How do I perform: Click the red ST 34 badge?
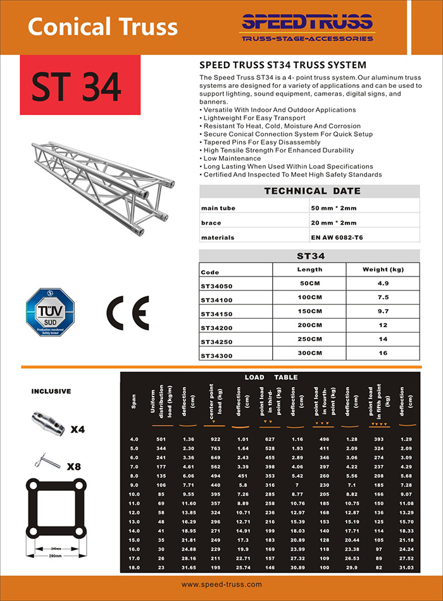[x=77, y=87]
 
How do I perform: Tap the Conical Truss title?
[x=103, y=27]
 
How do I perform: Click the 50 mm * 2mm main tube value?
[x=334, y=208]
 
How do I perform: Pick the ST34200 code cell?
[x=216, y=328]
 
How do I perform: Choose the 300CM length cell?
[x=310, y=352]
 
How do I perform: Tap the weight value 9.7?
[x=384, y=311]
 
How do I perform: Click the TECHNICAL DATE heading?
[x=312, y=190]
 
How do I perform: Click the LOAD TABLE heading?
[x=271, y=377]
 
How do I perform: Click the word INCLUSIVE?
[x=51, y=392]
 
